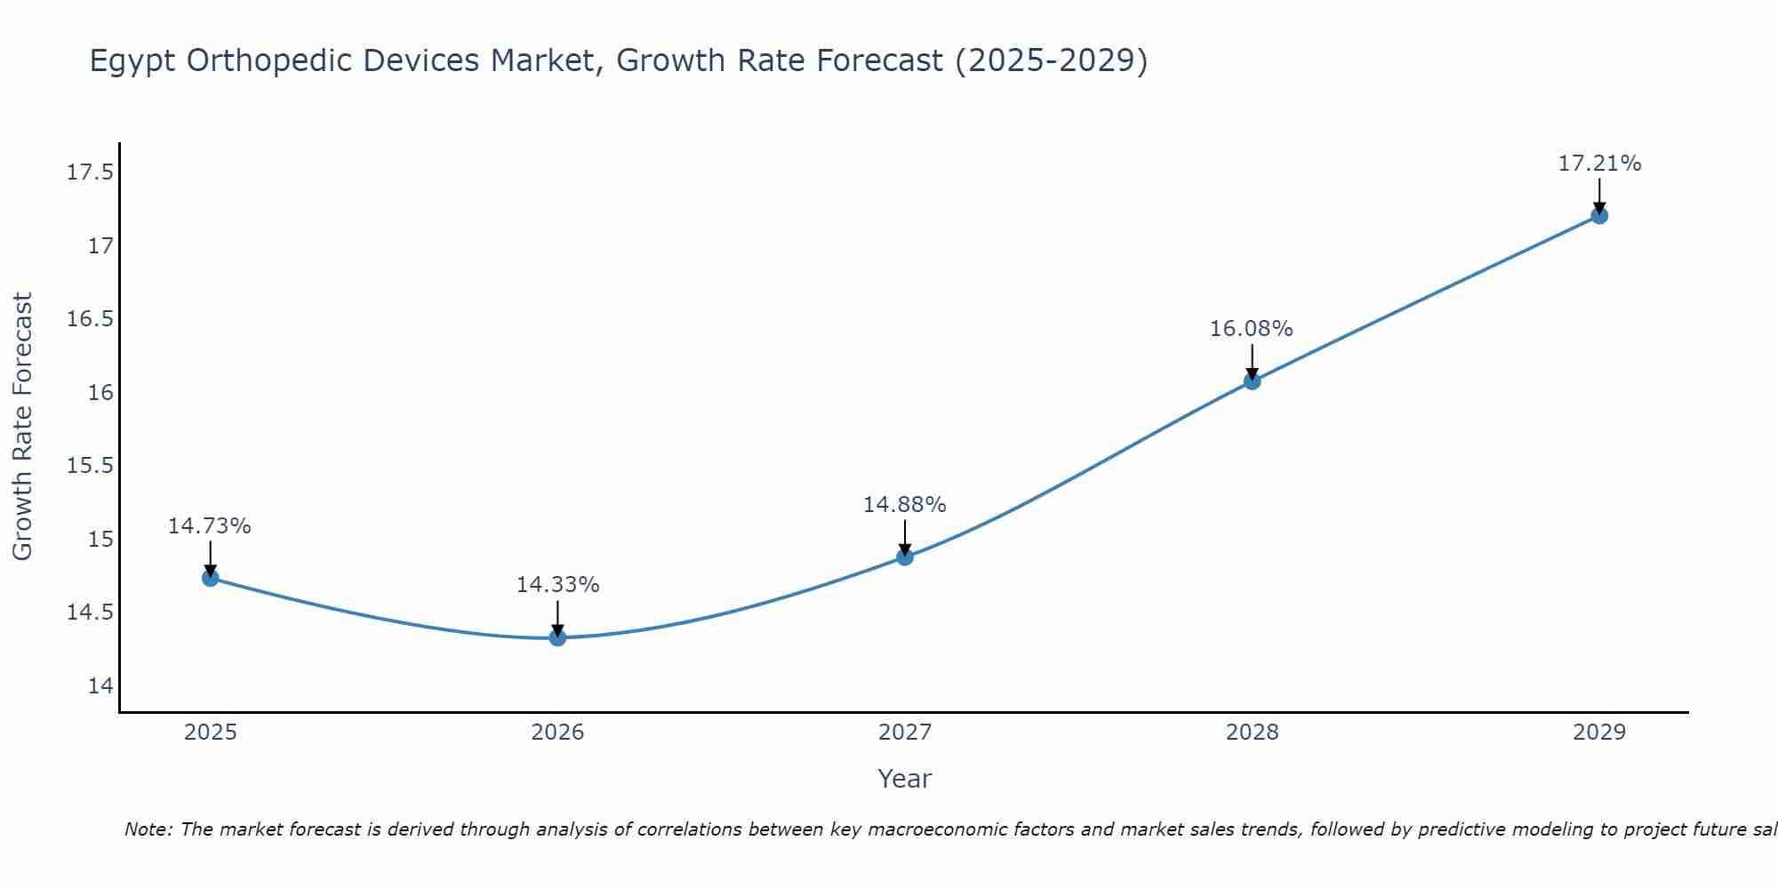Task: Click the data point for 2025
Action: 211,578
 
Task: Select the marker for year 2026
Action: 557,637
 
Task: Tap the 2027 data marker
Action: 905,557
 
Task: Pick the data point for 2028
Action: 1252,381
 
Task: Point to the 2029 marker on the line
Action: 1599,215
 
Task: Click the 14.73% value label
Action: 209,526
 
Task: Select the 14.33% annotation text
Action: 557,585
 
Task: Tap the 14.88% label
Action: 904,505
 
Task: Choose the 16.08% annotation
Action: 1251,329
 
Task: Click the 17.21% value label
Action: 1599,164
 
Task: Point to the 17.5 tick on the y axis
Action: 91,172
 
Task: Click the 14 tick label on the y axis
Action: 100,686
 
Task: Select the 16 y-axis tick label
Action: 100,392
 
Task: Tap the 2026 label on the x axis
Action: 557,733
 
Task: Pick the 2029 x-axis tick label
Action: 1599,733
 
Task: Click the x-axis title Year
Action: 904,779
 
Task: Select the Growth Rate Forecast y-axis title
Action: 22,427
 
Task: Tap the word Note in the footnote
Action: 148,829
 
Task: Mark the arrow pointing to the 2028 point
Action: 1252,362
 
